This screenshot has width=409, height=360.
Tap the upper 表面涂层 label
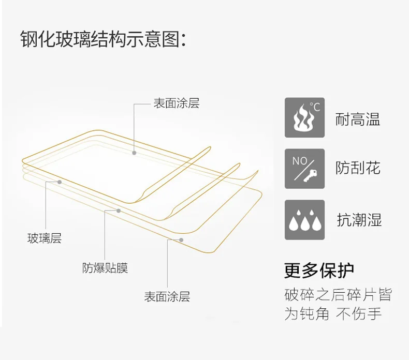click(176, 103)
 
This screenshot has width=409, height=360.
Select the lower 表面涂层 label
click(167, 297)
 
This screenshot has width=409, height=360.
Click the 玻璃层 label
click(45, 238)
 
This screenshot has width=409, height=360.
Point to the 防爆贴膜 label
click(105, 268)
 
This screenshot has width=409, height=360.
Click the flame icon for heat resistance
click(304, 117)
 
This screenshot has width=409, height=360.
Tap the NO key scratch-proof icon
click(304, 169)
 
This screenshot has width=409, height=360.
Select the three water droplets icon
click(304, 220)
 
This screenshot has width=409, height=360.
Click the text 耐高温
click(358, 119)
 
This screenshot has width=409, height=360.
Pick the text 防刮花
click(358, 168)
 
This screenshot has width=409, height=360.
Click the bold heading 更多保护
click(319, 270)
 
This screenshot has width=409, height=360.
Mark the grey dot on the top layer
click(134, 153)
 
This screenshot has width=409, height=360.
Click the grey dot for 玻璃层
click(60, 182)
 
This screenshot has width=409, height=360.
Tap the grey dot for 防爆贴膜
click(119, 211)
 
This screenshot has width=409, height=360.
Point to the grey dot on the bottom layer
click(181, 239)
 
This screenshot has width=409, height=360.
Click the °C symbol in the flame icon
click(315, 108)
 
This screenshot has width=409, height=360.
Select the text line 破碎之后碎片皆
click(338, 295)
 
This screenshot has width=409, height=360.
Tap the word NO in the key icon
click(300, 160)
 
